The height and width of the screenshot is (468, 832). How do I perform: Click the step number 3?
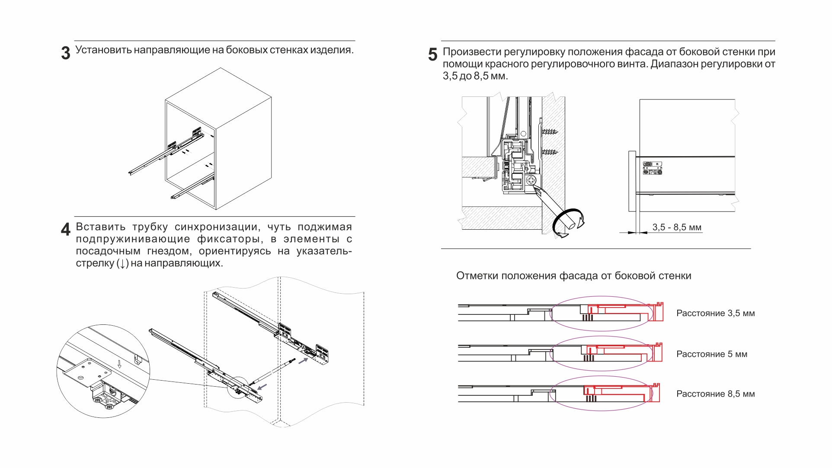pos(66,53)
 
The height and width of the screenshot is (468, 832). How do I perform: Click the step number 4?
pos(66,229)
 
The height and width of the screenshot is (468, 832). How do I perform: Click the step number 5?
pos(433,54)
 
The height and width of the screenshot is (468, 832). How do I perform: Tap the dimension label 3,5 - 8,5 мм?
pos(677,227)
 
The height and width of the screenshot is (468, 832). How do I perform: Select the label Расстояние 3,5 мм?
pos(715,313)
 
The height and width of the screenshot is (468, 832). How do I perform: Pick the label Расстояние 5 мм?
pos(711,354)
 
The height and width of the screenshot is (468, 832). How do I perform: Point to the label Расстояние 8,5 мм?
pos(715,394)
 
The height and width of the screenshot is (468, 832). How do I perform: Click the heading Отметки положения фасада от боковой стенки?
pos(573,276)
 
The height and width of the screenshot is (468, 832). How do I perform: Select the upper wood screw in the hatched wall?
pos(550,131)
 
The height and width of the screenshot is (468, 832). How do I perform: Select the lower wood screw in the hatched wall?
pos(550,152)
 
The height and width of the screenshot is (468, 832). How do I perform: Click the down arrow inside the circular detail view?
pos(119,364)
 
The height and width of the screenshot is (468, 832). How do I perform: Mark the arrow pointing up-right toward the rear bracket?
pos(304,360)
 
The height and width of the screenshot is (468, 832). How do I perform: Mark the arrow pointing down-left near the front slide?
pos(262,386)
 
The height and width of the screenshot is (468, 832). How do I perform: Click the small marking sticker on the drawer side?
pos(653,168)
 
